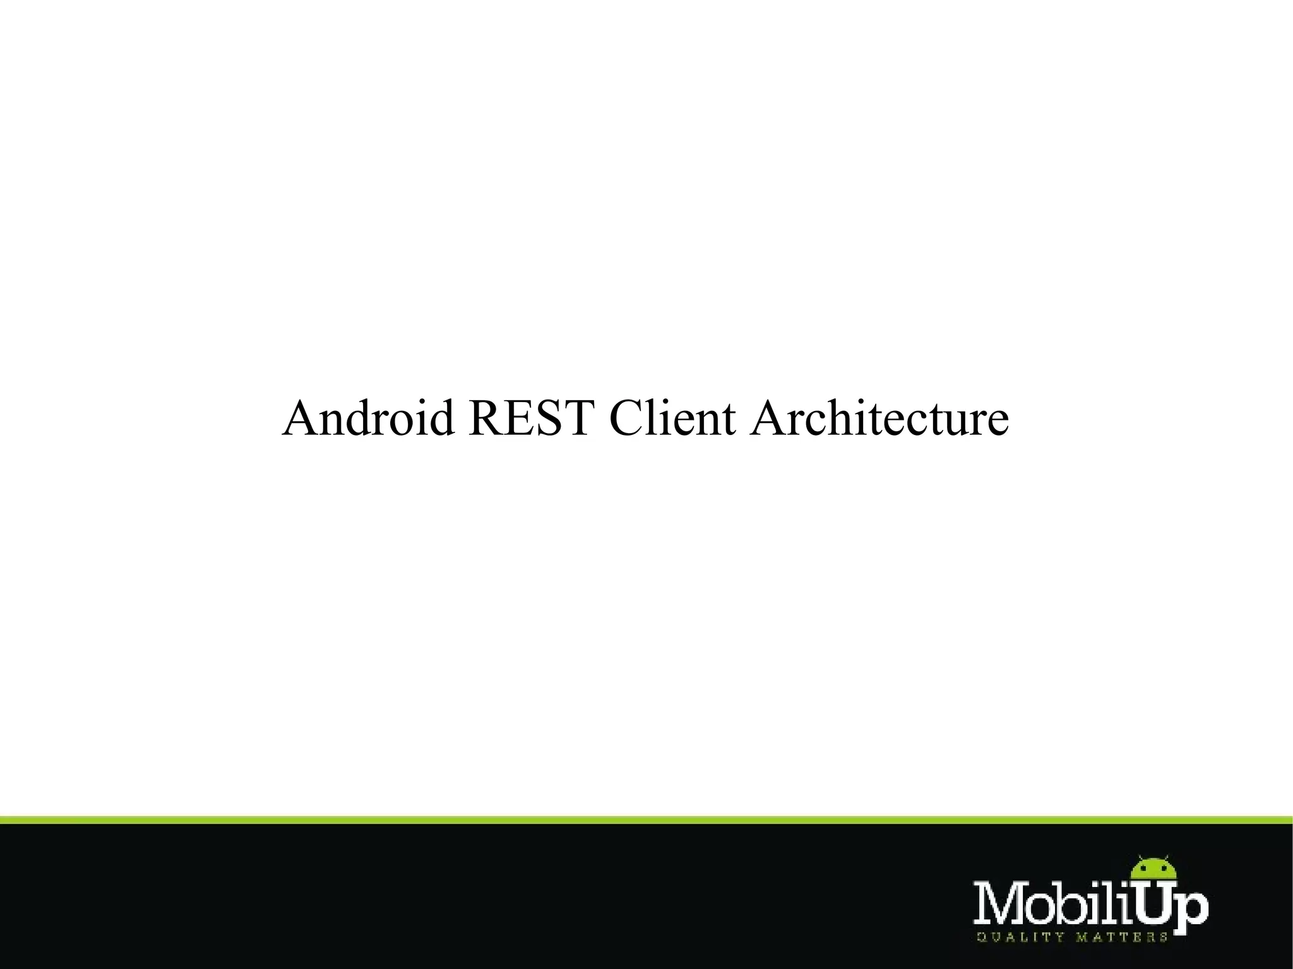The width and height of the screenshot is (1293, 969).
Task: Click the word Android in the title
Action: (368, 419)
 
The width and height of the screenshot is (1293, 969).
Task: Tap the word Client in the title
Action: (672, 419)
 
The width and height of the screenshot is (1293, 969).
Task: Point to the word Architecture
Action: (879, 419)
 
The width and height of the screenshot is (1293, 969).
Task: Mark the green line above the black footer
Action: (646, 820)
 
